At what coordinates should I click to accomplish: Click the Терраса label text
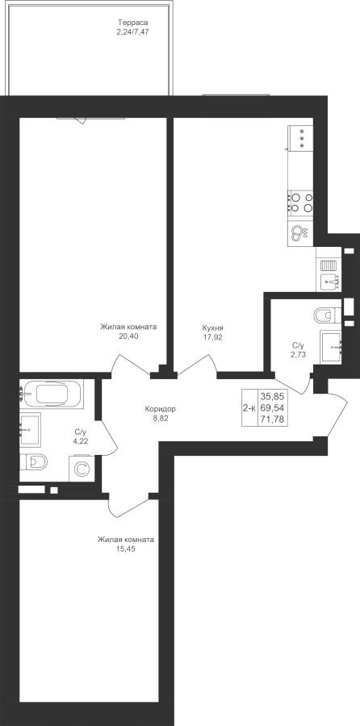coord(133,22)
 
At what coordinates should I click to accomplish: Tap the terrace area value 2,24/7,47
coord(133,32)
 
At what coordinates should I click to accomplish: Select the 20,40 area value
coord(128,336)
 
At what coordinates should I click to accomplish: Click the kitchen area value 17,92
coord(212,337)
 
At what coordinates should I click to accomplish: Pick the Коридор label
coord(161,409)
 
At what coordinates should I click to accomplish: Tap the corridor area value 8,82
coord(161,419)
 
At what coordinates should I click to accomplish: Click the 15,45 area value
coord(126,549)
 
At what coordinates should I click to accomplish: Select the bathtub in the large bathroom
coord(52,394)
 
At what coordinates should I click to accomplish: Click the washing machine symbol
coord(82,469)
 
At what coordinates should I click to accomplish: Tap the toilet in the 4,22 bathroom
coord(34,462)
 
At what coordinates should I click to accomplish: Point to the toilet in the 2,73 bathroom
coord(328,315)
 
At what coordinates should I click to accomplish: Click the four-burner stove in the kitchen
coord(301,202)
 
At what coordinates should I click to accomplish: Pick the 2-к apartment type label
coord(249,408)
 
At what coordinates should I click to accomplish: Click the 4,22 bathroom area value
coord(81,441)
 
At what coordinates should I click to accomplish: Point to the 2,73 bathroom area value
coord(299,355)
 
